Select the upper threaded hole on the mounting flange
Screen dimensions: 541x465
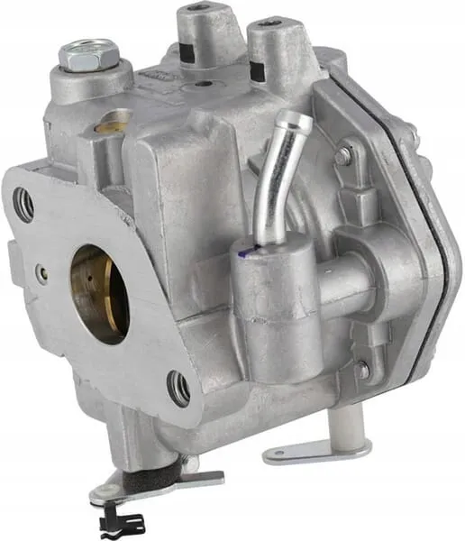coord(26,206)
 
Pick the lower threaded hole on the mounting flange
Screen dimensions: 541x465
coord(180,389)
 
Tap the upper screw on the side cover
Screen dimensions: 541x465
coord(342,155)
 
